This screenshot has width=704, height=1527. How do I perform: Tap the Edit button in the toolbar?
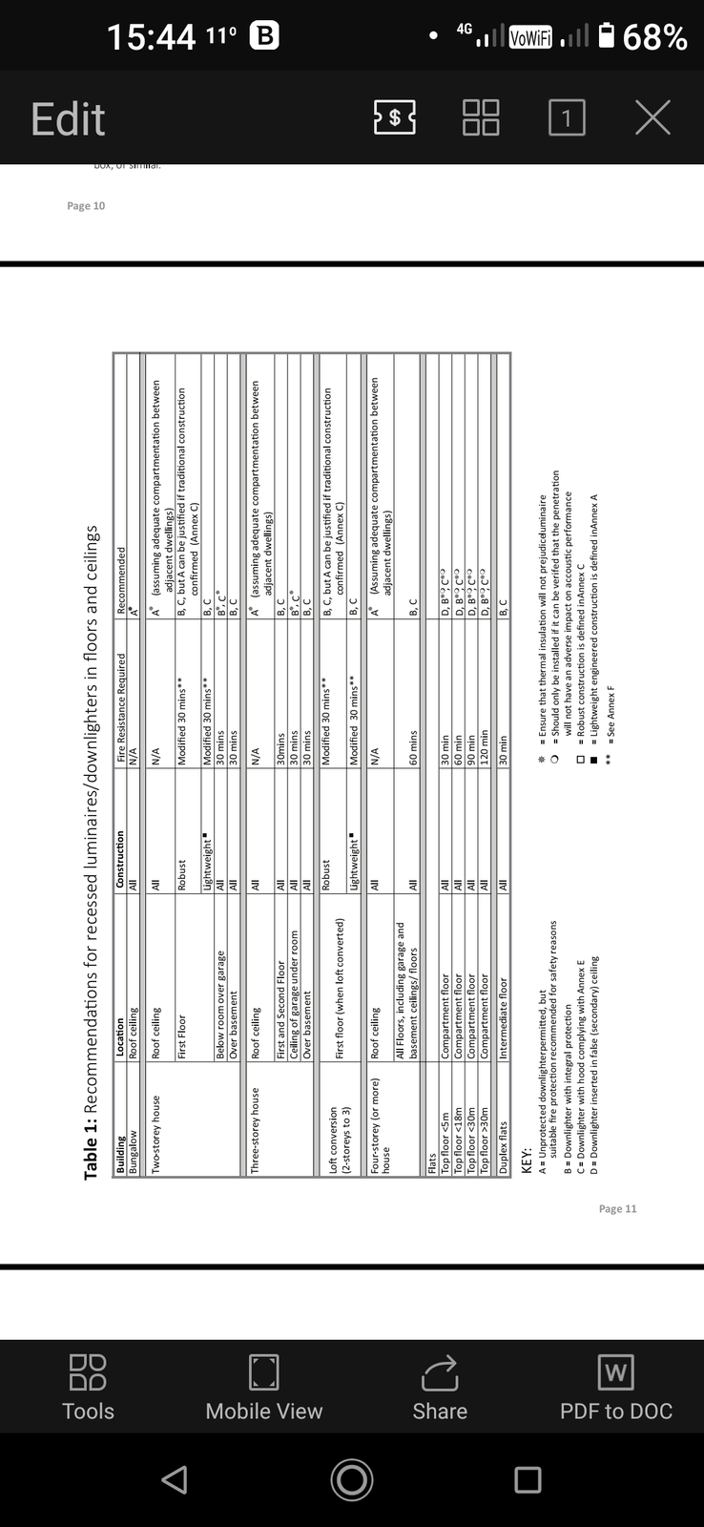click(67, 119)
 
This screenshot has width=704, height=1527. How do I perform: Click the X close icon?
click(652, 117)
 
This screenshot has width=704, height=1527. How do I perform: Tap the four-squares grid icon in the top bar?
click(481, 118)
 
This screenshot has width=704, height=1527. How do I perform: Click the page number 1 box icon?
click(567, 118)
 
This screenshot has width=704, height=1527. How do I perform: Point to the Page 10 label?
click(86, 206)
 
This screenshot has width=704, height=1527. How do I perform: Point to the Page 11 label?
click(617, 1209)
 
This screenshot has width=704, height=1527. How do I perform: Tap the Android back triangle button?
click(174, 1479)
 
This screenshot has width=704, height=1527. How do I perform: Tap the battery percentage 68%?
click(655, 36)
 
